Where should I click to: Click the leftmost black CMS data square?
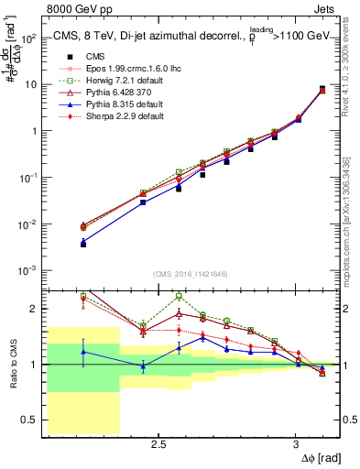click(83, 245)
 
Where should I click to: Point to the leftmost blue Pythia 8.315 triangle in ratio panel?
click(83, 352)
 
